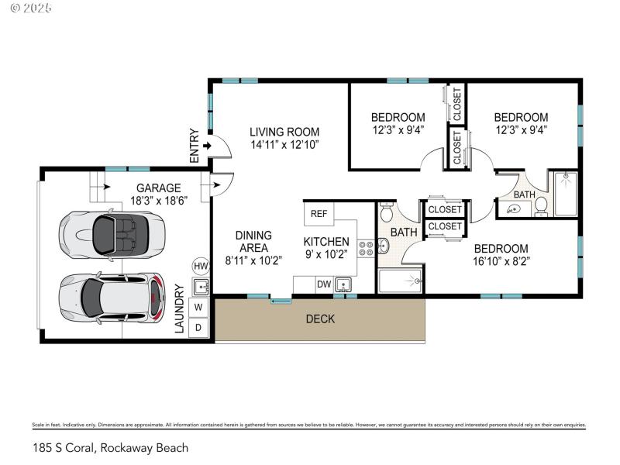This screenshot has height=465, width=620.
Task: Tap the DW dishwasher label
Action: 324,284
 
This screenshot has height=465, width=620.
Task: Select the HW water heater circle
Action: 201,266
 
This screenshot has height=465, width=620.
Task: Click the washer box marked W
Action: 199,307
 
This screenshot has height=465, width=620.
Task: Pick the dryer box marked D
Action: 199,327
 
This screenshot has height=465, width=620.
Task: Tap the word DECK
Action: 320,319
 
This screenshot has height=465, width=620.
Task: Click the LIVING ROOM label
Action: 284,132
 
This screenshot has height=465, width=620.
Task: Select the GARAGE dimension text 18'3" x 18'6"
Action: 158,200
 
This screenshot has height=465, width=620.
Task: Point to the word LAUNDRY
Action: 179,309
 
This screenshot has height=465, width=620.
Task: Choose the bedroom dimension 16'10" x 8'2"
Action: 501,261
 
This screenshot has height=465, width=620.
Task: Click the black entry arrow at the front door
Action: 206,146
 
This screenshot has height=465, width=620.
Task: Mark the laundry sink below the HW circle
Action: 201,287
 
